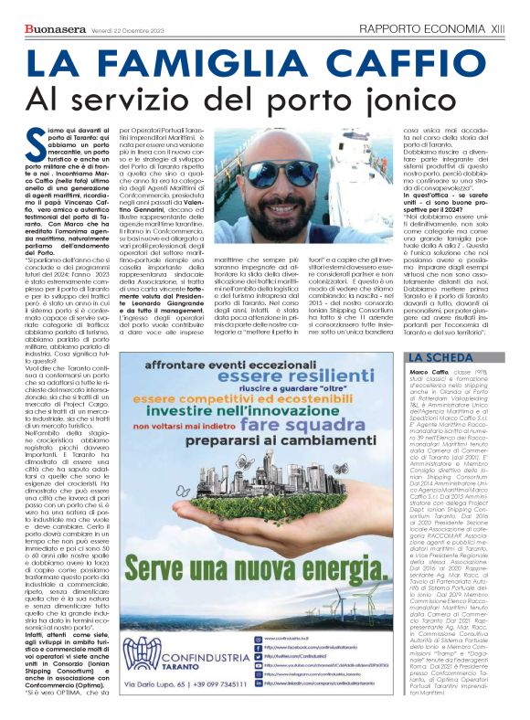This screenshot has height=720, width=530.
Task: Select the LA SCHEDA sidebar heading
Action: tap(440, 357)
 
